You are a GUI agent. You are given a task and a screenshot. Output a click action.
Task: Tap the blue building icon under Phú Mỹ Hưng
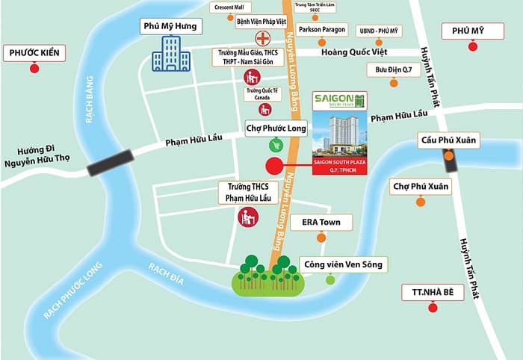click(170, 53)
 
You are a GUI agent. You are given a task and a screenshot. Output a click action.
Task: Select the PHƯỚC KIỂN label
click(34, 53)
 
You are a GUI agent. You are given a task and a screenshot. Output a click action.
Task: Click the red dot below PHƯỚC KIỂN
click(34, 69)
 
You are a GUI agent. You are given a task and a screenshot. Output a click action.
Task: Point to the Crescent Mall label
click(229, 7)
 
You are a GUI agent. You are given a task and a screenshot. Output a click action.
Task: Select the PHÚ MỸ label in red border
click(472, 31)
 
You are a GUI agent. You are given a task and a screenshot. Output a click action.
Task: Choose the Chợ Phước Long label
click(276, 128)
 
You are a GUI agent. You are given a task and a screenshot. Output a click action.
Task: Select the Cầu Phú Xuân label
click(448, 140)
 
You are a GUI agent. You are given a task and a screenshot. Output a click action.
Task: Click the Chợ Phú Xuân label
click(421, 186)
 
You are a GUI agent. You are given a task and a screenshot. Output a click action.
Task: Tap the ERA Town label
click(321, 222)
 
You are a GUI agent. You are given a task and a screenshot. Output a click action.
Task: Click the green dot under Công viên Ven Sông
click(330, 279)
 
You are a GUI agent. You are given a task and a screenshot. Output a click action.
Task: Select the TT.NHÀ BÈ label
click(433, 292)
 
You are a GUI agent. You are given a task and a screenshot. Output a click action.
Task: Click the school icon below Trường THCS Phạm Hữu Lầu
click(247, 217)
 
